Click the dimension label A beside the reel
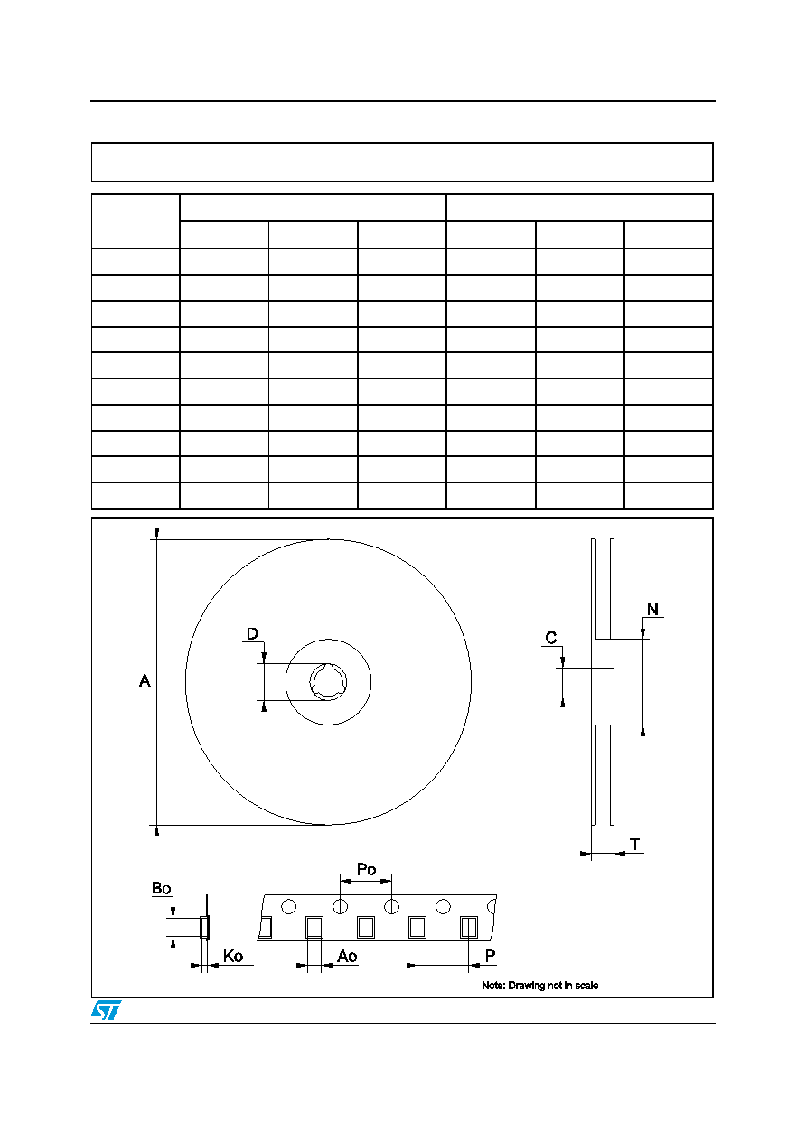(x=145, y=681)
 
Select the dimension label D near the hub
(x=252, y=633)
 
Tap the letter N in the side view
(x=652, y=609)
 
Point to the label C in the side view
(x=551, y=638)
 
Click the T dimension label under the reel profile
(x=635, y=845)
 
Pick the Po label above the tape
(x=366, y=869)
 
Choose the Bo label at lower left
(x=162, y=888)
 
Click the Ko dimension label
(x=233, y=956)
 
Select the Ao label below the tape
(x=347, y=956)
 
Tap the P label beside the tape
(x=490, y=956)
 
